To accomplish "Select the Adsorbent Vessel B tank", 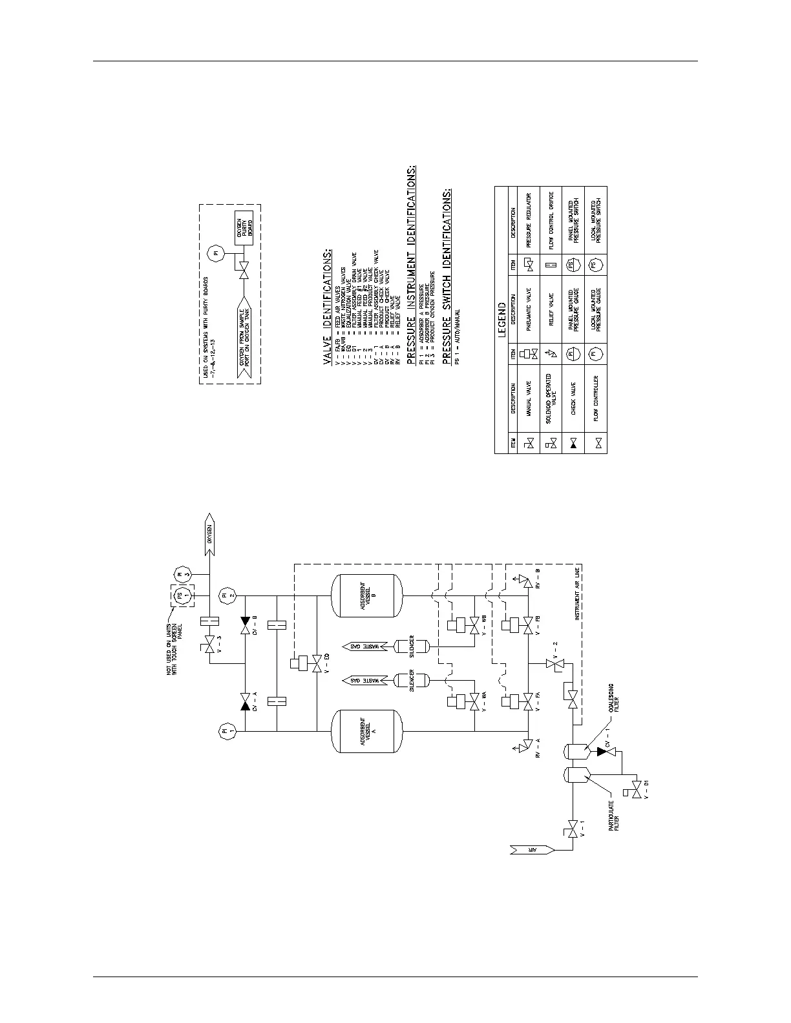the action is tap(366, 595).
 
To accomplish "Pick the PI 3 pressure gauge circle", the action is tap(181, 573).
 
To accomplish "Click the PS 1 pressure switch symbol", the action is tap(183, 595).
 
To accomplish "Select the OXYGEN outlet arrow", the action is tap(212, 533).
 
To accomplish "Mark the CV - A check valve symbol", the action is tap(245, 702).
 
